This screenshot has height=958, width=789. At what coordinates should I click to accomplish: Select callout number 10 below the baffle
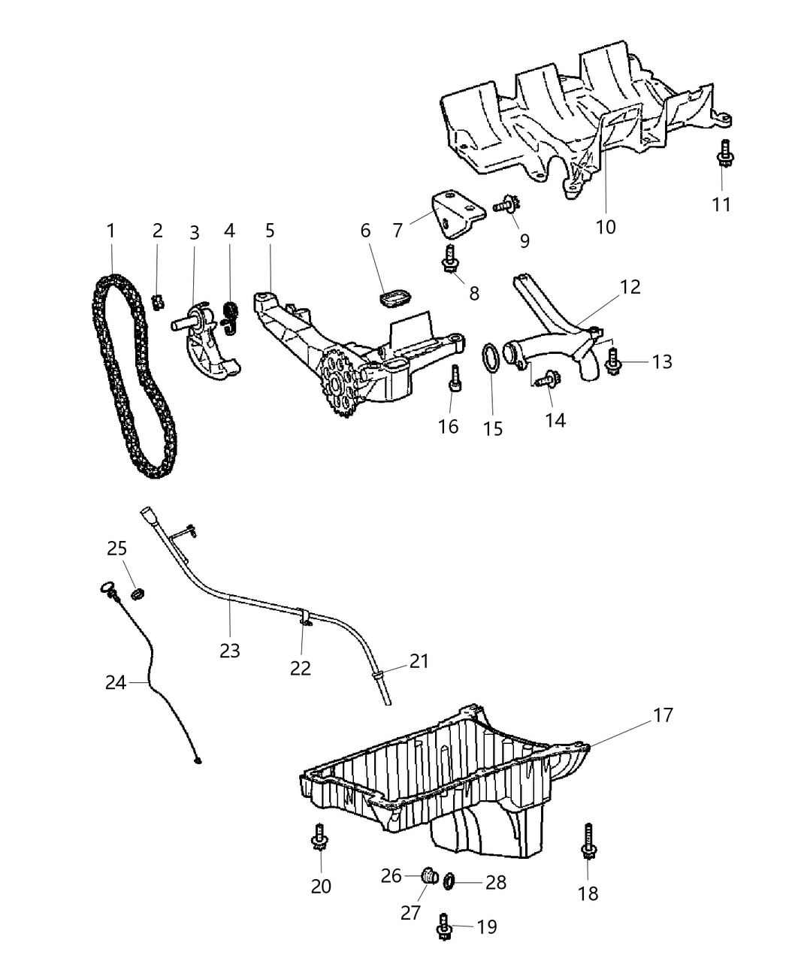click(606, 226)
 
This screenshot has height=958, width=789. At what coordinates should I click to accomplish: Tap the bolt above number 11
click(724, 155)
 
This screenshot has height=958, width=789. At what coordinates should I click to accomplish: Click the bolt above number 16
click(455, 380)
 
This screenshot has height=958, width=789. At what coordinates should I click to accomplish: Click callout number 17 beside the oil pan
click(663, 715)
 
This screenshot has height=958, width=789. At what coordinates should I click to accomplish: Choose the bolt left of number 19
click(444, 927)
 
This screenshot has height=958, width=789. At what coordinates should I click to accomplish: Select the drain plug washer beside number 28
click(450, 881)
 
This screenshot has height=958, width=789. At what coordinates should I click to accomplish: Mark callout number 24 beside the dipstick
click(116, 682)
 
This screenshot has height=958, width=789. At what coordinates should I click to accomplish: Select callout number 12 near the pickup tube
click(630, 286)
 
